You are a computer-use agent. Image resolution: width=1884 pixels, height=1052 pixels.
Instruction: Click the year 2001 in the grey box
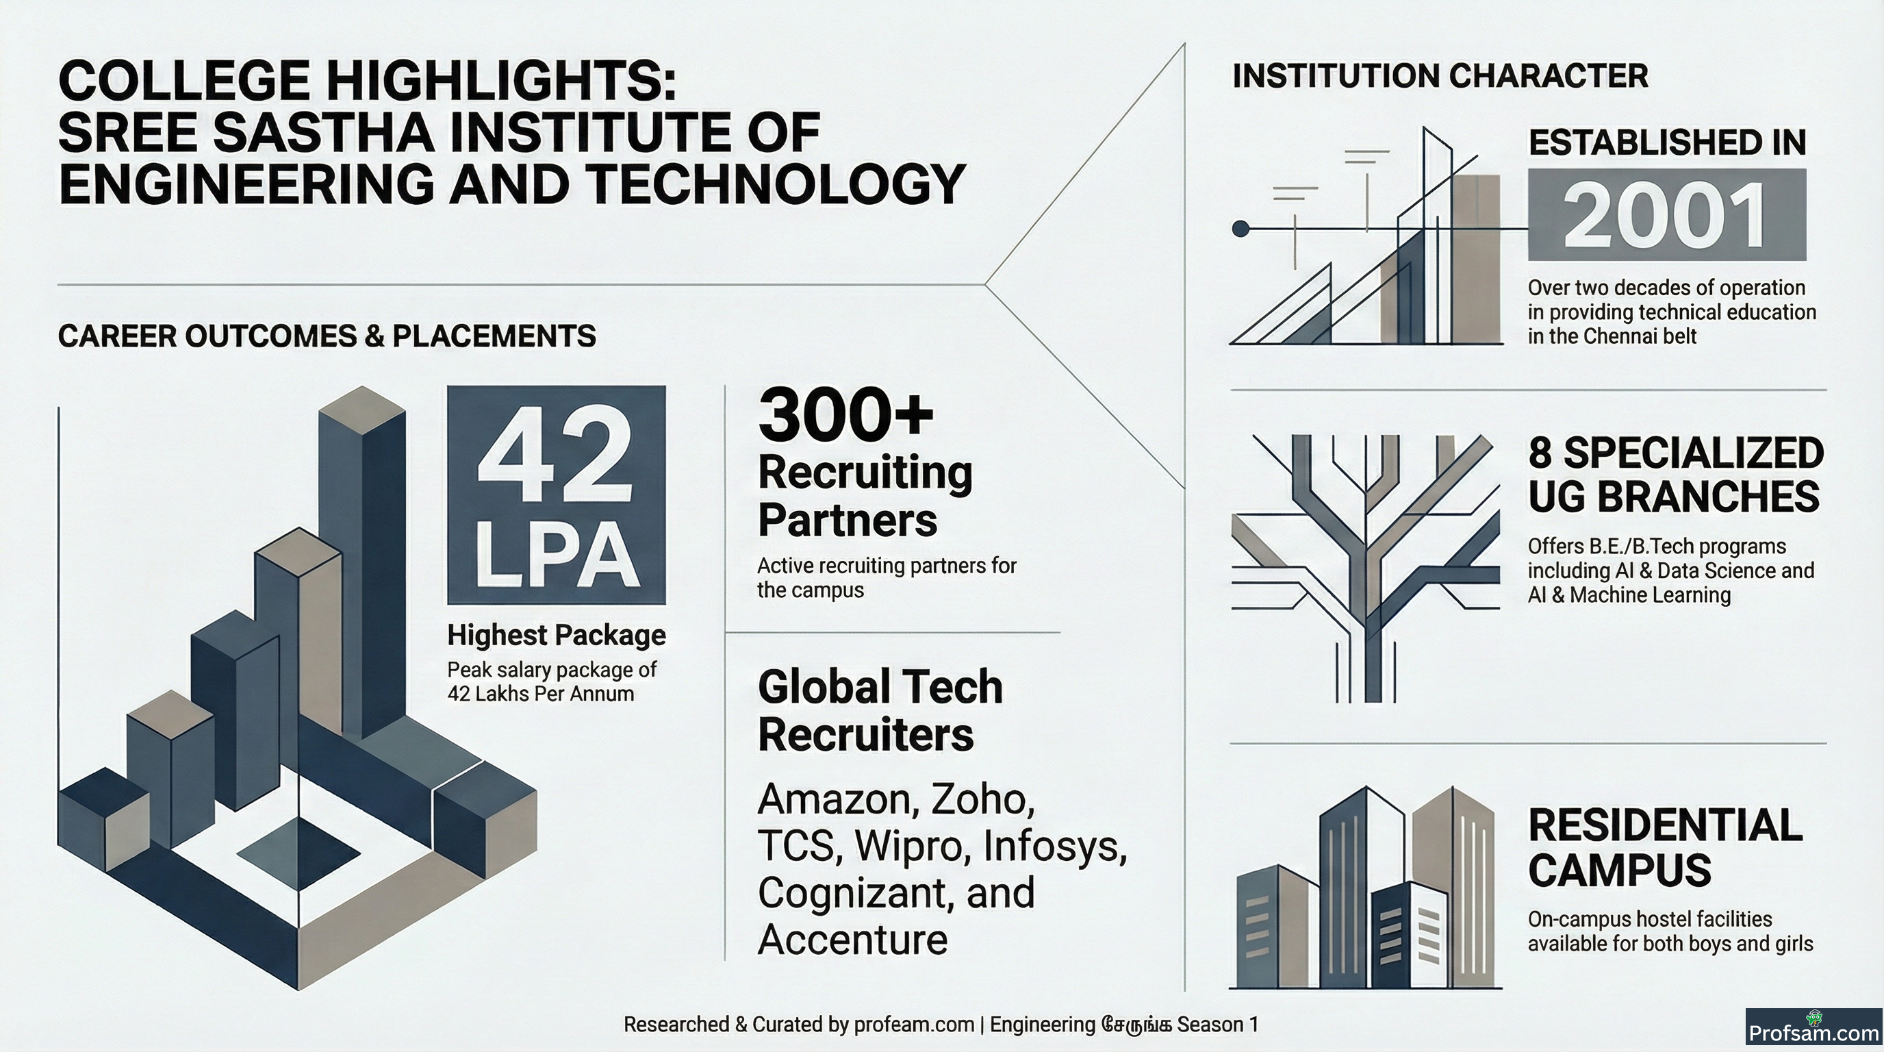pyautogui.click(x=1666, y=216)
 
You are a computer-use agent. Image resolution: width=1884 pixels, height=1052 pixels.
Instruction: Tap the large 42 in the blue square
pyautogui.click(x=555, y=454)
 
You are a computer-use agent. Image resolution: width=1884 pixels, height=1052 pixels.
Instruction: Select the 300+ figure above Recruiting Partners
pyautogui.click(x=846, y=415)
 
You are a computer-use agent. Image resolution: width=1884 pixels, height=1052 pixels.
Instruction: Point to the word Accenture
pyautogui.click(x=853, y=940)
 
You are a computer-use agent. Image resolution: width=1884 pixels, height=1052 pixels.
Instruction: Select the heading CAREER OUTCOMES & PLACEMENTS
pyautogui.click(x=327, y=336)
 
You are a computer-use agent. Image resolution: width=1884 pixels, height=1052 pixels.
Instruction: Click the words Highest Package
pyautogui.click(x=557, y=635)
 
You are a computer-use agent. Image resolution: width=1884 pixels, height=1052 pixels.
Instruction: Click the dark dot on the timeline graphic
pyautogui.click(x=1240, y=229)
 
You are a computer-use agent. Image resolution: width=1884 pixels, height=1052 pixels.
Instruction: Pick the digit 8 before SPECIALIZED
pyautogui.click(x=1540, y=453)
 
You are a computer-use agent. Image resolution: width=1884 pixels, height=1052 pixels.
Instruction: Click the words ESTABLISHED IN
pyautogui.click(x=1667, y=142)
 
